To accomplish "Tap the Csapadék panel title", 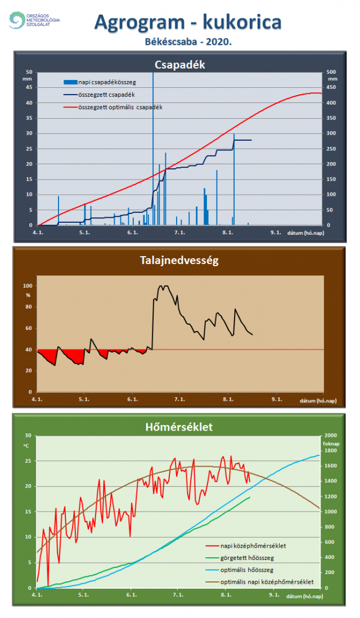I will coord(180,65).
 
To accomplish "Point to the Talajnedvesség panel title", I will coord(179,261).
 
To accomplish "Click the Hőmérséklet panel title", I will coord(179,427).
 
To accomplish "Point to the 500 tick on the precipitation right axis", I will coord(332,72).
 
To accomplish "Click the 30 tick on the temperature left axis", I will coord(28,436).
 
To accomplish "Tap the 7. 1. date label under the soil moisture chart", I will coord(180,399).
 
